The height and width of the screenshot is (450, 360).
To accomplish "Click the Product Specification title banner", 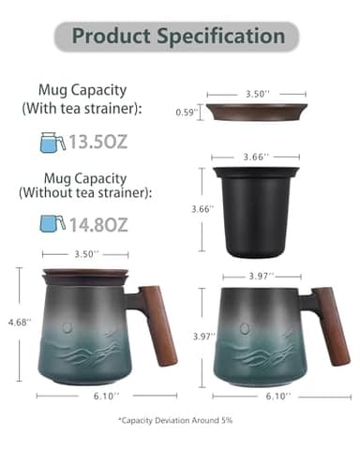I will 180,37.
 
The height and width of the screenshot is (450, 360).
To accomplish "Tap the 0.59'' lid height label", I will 188,111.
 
